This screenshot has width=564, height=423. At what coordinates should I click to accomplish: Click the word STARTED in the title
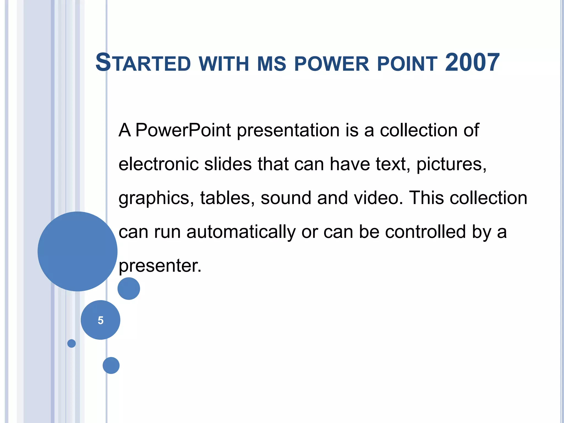pos(143,63)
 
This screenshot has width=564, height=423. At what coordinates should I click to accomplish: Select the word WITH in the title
pos(224,64)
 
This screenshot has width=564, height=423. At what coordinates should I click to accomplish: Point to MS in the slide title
pos(271,64)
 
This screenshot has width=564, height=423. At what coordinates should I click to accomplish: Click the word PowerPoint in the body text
pos(183,130)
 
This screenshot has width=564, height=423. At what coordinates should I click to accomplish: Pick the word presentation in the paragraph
pos(288,131)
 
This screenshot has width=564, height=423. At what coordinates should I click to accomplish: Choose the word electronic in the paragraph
pos(158,164)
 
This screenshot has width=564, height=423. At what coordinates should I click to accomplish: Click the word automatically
pos(241,232)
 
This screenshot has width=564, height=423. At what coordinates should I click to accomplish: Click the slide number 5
pos(101,320)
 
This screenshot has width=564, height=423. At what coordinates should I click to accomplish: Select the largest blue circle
pos(77,251)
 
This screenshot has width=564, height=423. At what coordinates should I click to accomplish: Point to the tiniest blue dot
pos(71,343)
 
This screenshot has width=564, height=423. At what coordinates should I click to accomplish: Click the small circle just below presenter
pos(129,289)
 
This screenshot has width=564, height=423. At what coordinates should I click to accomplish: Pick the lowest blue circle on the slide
pos(111,365)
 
